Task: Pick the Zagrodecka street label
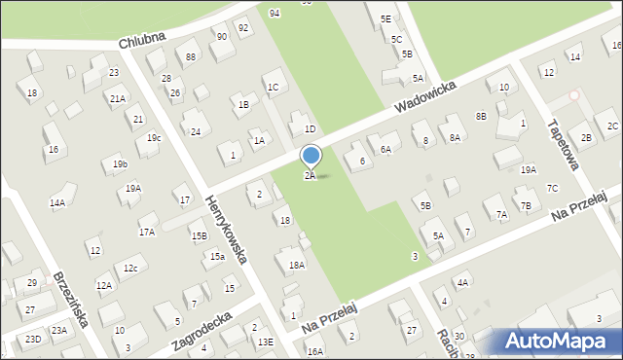[200, 331]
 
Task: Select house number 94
[275, 13]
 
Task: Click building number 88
[191, 56]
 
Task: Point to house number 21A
[117, 98]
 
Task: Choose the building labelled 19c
[154, 138]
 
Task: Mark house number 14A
[57, 203]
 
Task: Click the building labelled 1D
[310, 128]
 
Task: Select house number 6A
[385, 149]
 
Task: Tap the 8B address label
[481, 116]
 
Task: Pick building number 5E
[385, 18]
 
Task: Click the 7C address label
[552, 188]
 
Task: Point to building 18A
[297, 264]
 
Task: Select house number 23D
[33, 339]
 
